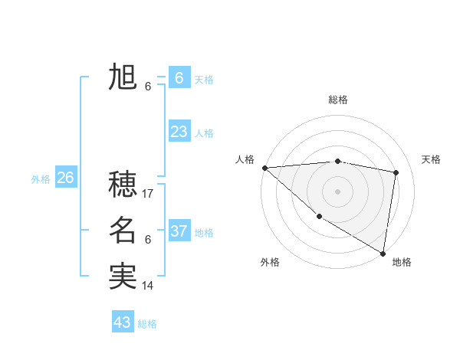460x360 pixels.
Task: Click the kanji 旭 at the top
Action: click(123, 77)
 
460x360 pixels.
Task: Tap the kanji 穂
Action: click(123, 185)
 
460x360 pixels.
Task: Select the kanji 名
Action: click(123, 231)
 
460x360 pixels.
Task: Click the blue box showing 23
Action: click(179, 132)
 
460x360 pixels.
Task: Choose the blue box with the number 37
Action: click(179, 231)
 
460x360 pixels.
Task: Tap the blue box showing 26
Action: click(65, 178)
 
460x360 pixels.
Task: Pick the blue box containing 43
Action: click(123, 322)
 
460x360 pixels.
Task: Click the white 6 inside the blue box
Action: click(179, 78)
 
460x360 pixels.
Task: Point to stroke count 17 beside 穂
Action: click(149, 194)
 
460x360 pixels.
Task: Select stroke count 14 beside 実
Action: click(149, 286)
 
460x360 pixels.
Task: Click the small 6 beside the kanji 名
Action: click(148, 240)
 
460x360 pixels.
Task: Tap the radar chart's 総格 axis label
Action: click(338, 100)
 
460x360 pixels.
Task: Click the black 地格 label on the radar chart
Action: click(402, 262)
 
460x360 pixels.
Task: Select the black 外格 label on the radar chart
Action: click(270, 262)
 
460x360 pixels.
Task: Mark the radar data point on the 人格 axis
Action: click(264, 167)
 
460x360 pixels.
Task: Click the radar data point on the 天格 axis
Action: click(396, 172)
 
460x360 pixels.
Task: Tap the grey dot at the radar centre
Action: click(337, 191)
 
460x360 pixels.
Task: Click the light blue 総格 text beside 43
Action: click(147, 324)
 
